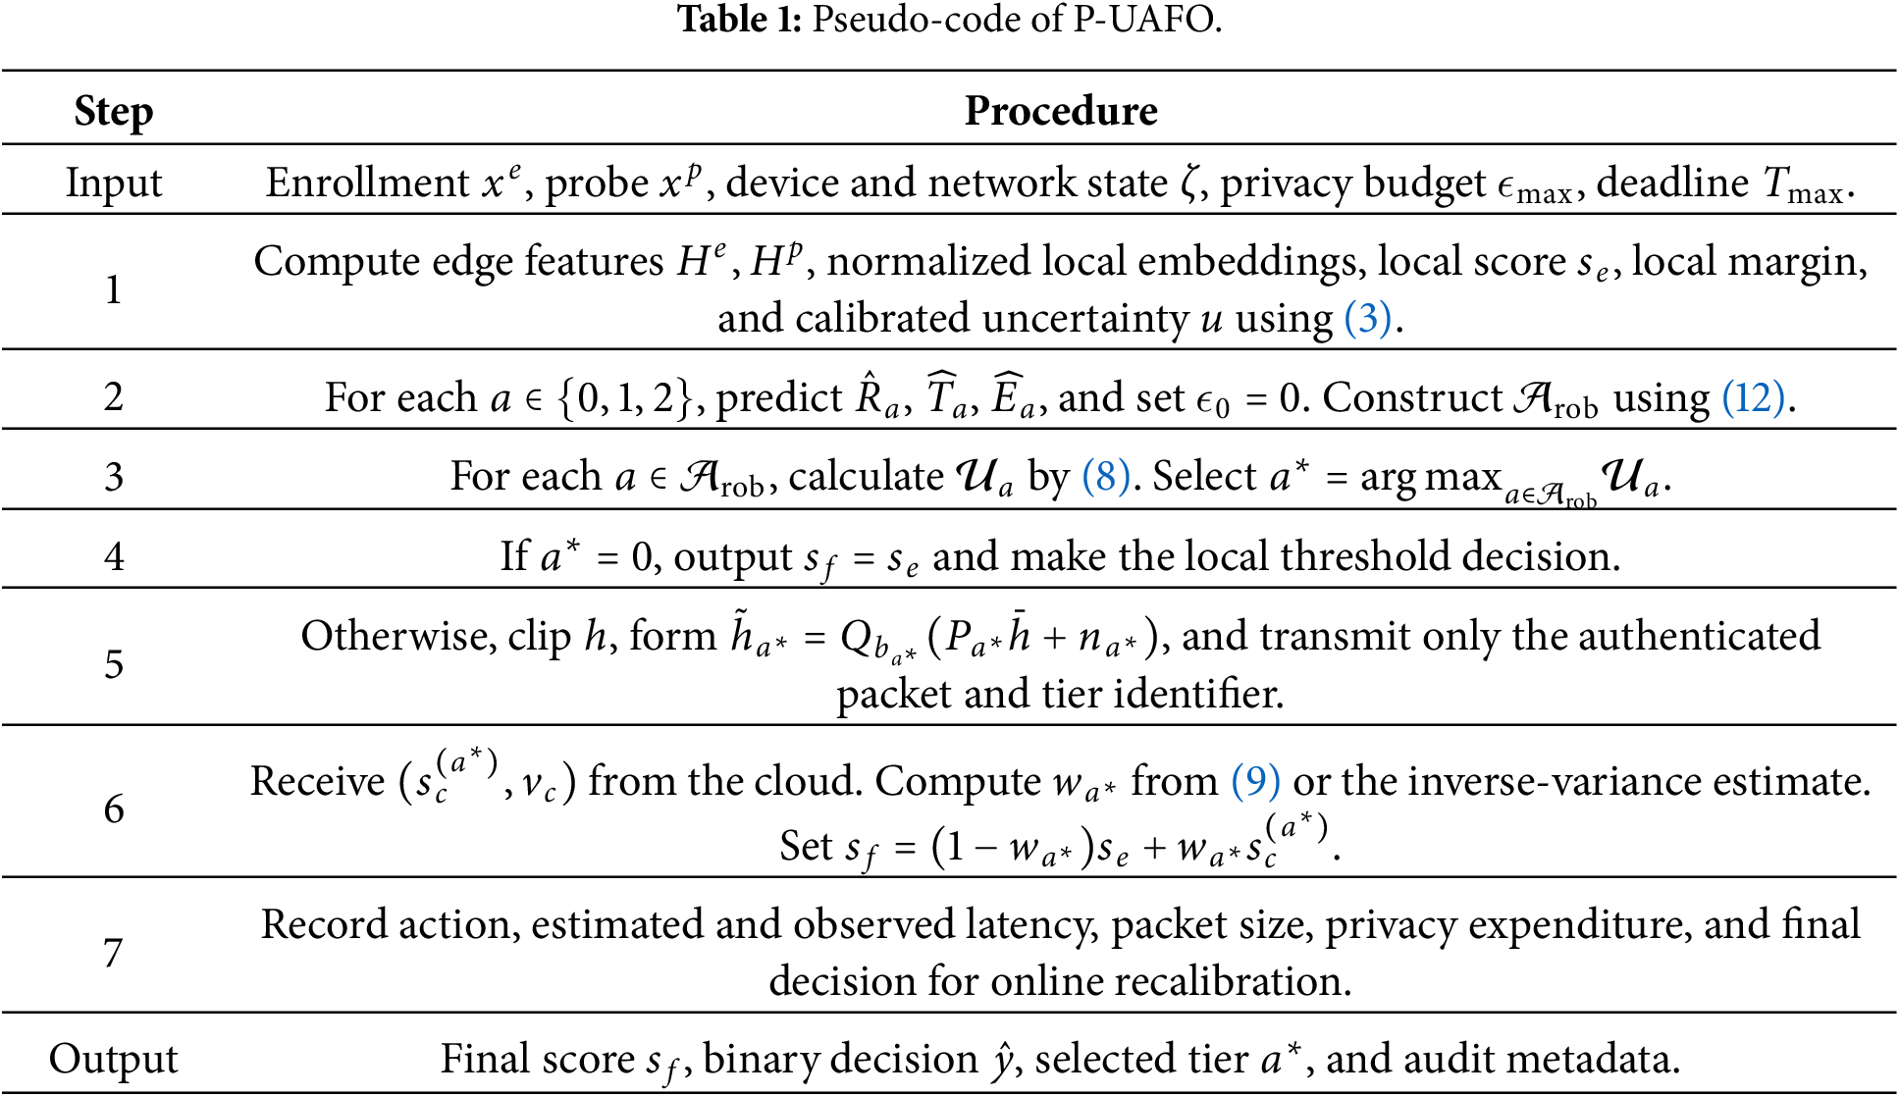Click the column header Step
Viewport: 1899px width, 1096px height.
click(114, 112)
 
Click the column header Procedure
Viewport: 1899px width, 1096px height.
click(1061, 111)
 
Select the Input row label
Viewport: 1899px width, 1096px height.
click(114, 184)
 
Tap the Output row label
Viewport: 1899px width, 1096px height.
click(114, 1059)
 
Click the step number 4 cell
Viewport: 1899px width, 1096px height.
click(114, 556)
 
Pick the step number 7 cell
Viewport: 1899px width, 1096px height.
click(114, 953)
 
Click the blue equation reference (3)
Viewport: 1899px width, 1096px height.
click(1367, 318)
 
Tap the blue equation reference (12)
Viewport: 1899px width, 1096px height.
click(1753, 397)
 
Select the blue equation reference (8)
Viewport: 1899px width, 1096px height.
click(1105, 476)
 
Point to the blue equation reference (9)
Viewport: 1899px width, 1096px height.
click(1256, 781)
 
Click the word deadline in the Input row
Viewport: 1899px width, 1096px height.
click(1672, 183)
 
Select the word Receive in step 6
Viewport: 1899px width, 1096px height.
click(318, 781)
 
